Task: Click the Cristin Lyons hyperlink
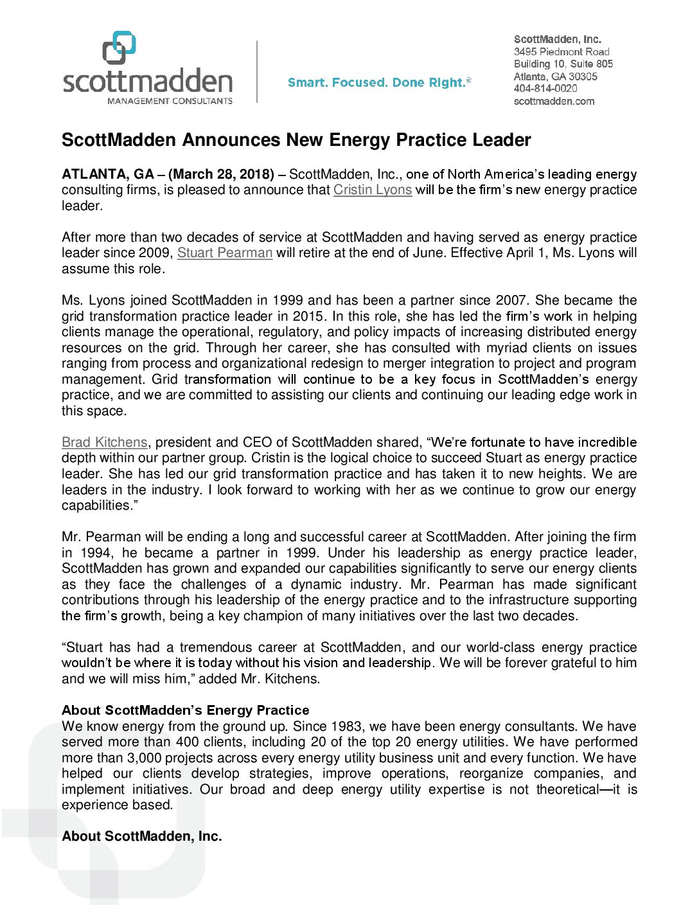pyautogui.click(x=372, y=190)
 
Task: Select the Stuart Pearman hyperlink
pyautogui.click(x=225, y=253)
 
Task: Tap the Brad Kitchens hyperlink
pyautogui.click(x=105, y=443)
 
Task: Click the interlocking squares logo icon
pyautogui.click(x=119, y=48)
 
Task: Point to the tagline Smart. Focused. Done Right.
pyautogui.click(x=379, y=83)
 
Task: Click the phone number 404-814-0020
pyautogui.click(x=545, y=89)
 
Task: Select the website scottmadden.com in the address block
pyautogui.click(x=554, y=102)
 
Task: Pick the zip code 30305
pyautogui.click(x=583, y=76)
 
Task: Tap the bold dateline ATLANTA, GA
pyautogui.click(x=108, y=175)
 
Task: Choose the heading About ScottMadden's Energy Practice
pyautogui.click(x=185, y=710)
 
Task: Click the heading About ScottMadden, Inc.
pyautogui.click(x=141, y=836)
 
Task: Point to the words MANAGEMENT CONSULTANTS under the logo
pyautogui.click(x=170, y=101)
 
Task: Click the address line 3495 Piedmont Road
pyautogui.click(x=562, y=52)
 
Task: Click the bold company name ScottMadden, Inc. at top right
pyautogui.click(x=557, y=40)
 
